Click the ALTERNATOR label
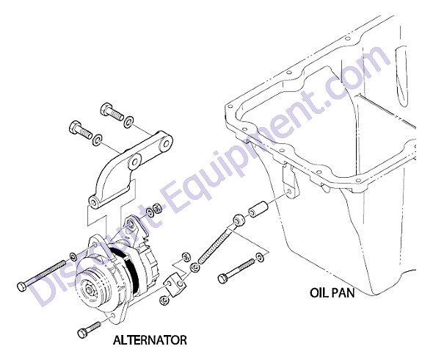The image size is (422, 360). click(x=150, y=340)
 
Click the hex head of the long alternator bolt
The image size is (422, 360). click(x=22, y=287)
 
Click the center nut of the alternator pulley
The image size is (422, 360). click(x=89, y=290)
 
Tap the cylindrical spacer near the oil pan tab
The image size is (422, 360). click(x=258, y=209)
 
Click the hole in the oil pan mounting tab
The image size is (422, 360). click(x=288, y=191)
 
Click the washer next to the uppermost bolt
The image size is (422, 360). click(x=128, y=121)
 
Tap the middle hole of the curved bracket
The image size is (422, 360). click(x=134, y=162)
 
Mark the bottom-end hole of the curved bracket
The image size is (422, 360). click(x=93, y=202)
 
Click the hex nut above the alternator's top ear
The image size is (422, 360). click(x=157, y=208)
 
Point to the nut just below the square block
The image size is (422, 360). click(x=164, y=300)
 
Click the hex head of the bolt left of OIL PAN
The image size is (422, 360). click(x=223, y=278)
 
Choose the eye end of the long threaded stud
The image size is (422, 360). click(x=239, y=220)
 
